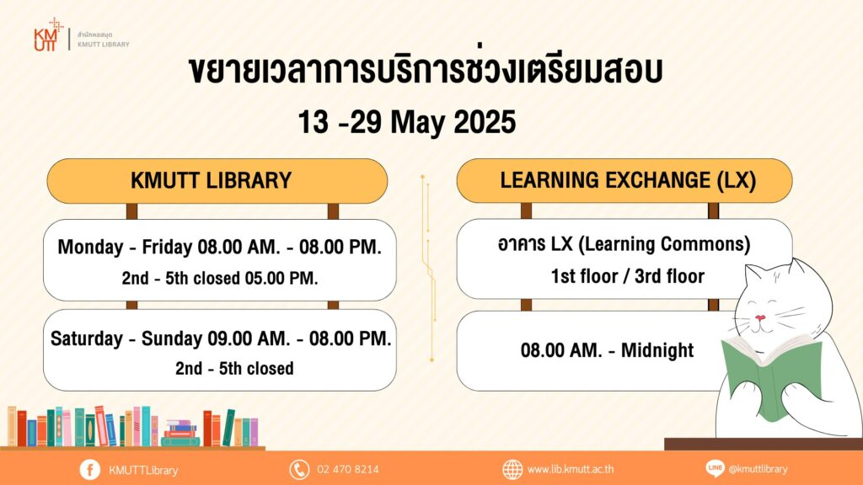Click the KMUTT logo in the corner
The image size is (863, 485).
[48, 35]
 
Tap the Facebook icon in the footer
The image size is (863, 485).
[89, 470]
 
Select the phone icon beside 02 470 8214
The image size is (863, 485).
[299, 470]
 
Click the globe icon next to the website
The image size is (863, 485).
[512, 470]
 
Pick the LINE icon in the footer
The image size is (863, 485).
[715, 468]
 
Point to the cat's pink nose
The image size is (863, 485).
[760, 317]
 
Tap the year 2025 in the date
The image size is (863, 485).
[485, 121]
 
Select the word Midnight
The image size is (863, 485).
[657, 350]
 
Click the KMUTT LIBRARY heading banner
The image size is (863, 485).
[217, 181]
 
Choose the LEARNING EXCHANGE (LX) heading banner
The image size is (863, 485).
[624, 180]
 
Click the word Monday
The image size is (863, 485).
[90, 248]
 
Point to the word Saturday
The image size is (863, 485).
[87, 338]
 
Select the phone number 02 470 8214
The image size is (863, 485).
[348, 470]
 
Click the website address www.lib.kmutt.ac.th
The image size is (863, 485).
[571, 470]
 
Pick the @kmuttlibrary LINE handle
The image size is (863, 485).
[758, 470]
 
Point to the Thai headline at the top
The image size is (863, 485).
[425, 71]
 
